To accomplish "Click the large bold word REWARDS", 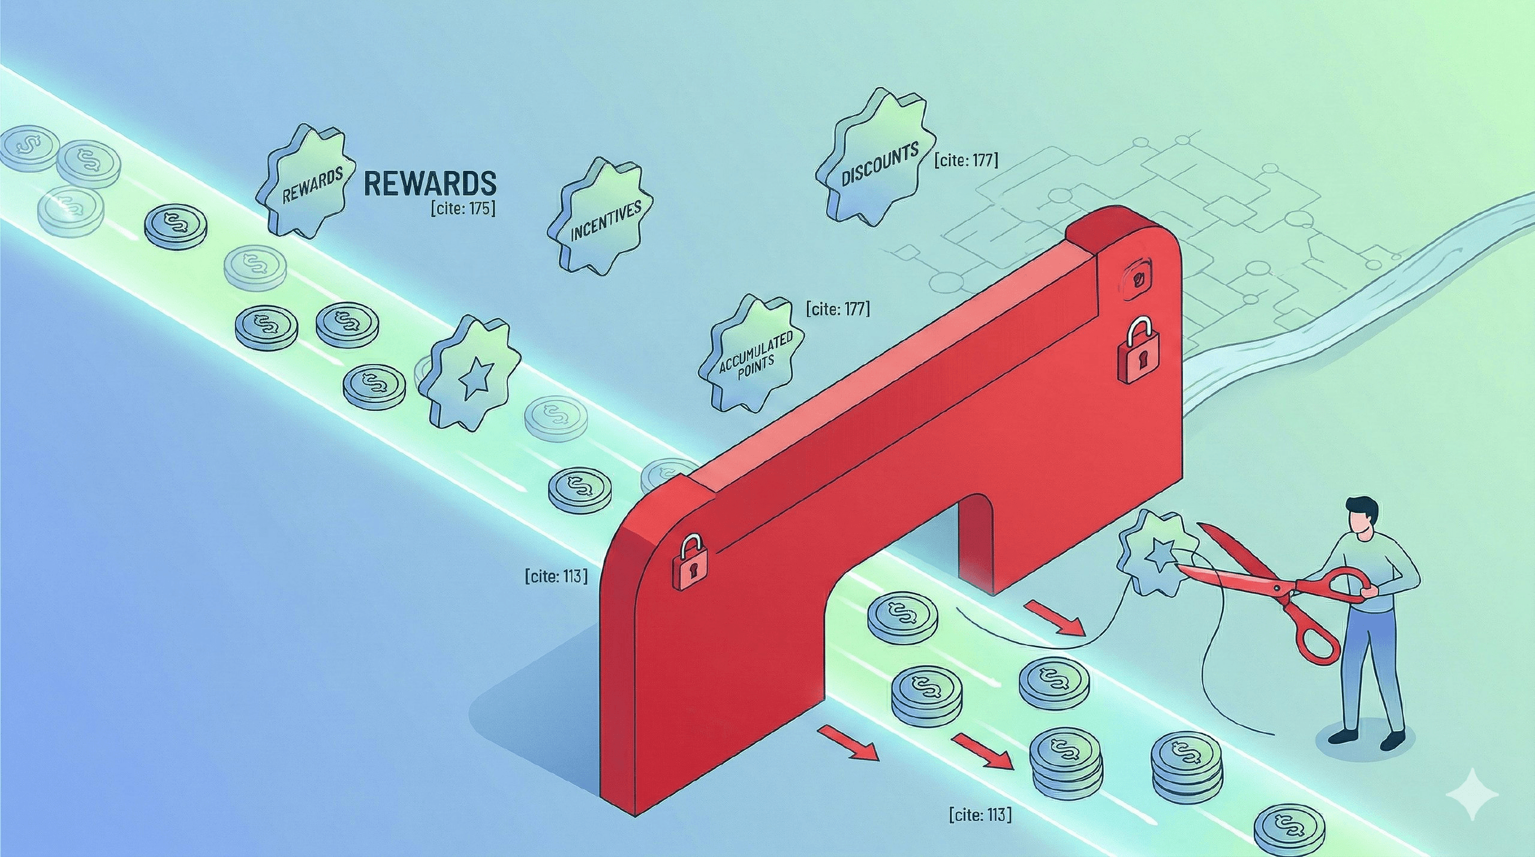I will pos(430,184).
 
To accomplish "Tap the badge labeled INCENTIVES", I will pos(601,217).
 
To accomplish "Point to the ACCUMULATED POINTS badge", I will pos(753,354).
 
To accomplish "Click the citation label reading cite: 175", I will pos(463,209).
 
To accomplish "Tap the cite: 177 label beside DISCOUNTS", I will pos(966,160).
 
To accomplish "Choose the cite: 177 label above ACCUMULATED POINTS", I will pos(838,309).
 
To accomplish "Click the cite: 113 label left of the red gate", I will pos(556,576).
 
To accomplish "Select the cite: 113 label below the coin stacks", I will pos(980,814).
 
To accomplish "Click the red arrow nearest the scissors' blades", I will pos(1056,620).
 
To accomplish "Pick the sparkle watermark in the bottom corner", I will pos(1472,795).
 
